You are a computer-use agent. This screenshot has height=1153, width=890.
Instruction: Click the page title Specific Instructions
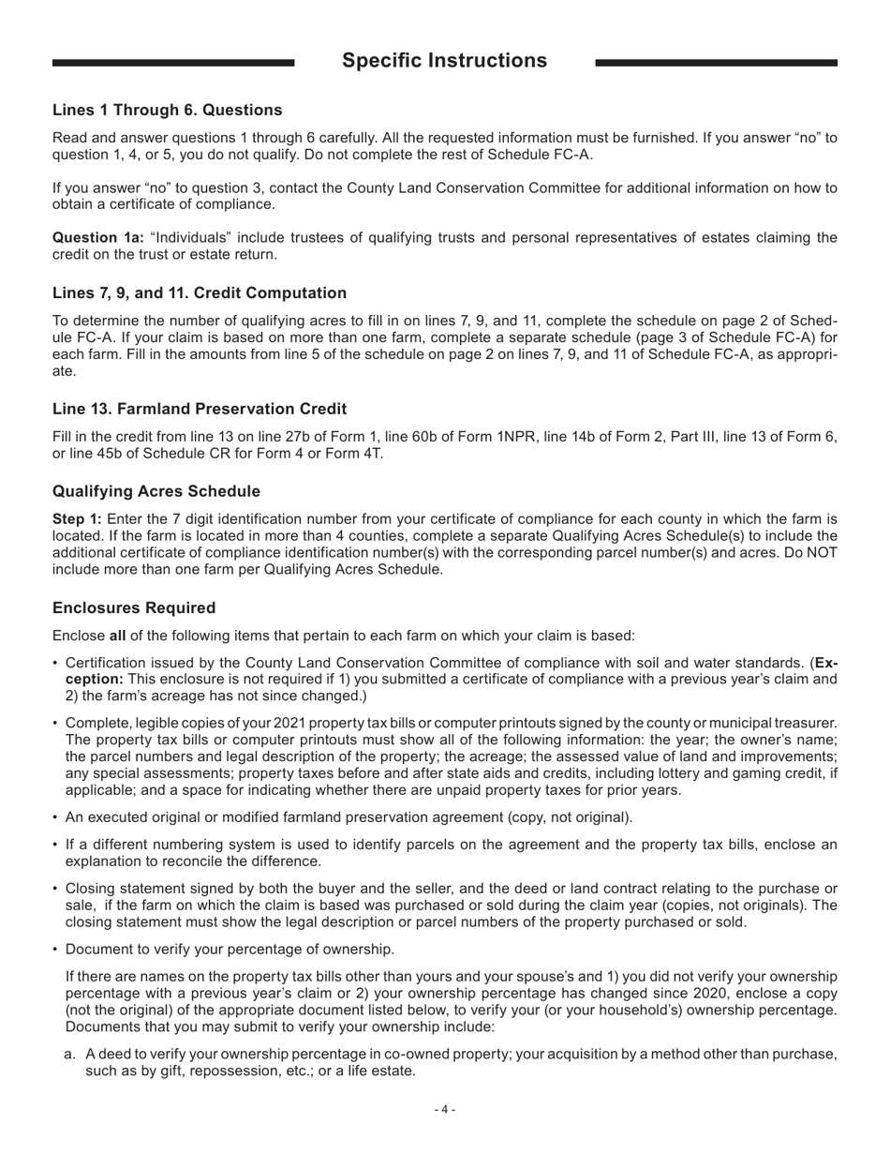444,61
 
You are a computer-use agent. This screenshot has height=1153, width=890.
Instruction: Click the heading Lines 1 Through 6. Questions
167,110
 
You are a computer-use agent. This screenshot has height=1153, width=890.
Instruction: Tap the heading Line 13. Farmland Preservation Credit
200,409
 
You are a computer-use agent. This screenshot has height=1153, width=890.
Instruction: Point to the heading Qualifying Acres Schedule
156,491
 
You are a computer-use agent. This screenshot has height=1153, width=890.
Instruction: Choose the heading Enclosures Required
134,607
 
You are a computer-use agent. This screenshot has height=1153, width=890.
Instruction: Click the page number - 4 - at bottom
445,1110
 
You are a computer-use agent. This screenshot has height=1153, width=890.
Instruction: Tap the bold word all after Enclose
117,636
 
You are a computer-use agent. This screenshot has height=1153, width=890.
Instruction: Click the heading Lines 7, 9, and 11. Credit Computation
200,292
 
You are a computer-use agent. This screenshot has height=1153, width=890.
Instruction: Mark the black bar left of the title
173,63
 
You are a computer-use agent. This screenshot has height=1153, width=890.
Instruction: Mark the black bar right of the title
716,63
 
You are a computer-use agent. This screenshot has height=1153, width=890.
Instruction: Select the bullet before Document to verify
56,949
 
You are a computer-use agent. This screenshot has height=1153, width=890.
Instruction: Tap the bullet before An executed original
56,816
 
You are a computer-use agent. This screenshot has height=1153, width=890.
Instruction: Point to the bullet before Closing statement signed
56,888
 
